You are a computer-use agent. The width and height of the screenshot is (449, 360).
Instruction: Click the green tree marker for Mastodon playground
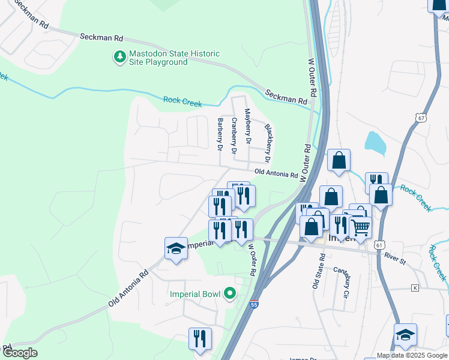pyautogui.click(x=119, y=57)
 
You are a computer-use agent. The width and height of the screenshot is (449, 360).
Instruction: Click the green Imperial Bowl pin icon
pyautogui.click(x=229, y=294)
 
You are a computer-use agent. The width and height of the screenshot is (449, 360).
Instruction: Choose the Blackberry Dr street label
pyautogui.click(x=268, y=139)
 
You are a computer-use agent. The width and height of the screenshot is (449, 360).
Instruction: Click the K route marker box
pyautogui.click(x=414, y=288)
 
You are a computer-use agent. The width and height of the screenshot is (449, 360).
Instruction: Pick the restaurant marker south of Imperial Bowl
pyautogui.click(x=200, y=338)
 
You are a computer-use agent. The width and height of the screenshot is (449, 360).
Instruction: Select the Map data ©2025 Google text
pyautogui.click(x=412, y=355)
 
